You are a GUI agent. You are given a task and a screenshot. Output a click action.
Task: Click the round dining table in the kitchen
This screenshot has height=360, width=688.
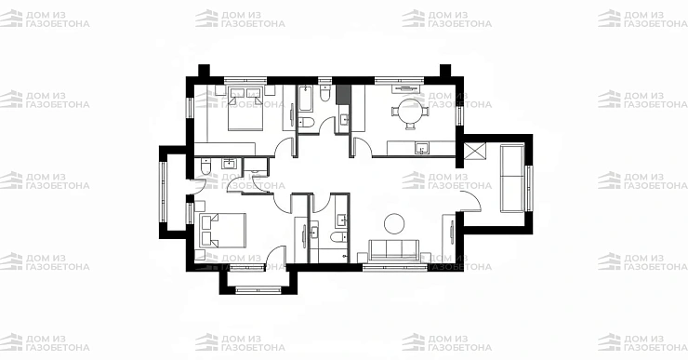[410, 110]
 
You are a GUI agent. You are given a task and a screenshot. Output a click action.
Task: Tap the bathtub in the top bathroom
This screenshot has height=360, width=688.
[305, 98]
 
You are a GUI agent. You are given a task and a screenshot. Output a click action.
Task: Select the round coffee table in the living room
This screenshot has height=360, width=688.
[394, 224]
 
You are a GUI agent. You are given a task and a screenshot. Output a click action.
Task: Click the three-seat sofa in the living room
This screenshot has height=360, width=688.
[393, 250]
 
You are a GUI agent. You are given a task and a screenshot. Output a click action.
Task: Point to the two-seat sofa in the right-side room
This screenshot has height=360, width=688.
[512, 179]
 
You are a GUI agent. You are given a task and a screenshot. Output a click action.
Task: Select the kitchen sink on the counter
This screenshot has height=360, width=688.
[422, 149]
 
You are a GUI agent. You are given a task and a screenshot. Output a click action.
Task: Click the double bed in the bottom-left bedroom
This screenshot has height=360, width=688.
[222, 231]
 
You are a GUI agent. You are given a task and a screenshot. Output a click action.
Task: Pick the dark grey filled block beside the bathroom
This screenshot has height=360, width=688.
[343, 94]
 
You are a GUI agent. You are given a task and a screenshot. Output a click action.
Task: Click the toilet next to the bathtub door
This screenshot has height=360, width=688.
[306, 123]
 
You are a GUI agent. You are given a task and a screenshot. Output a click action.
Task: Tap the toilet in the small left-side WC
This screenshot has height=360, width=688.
[205, 166]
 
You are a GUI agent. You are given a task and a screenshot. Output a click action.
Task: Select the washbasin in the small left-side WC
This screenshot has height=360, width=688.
[229, 164]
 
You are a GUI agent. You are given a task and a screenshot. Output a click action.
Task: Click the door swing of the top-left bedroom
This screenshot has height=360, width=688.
[284, 147]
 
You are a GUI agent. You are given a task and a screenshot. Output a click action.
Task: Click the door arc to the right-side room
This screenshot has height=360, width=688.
[471, 201]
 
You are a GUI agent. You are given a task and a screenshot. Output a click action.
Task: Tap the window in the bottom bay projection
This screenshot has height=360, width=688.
[258, 289]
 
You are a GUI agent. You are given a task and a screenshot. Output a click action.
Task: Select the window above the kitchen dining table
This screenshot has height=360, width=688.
[399, 80]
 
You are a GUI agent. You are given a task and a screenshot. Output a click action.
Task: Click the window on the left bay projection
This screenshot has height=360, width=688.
[163, 192]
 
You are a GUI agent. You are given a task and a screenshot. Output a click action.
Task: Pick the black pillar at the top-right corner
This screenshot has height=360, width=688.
[445, 71]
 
